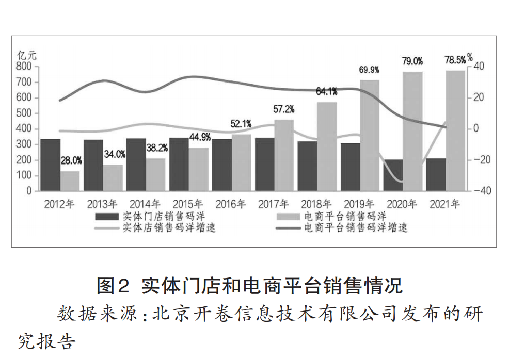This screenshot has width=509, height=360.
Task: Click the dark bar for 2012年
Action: [x=51, y=165]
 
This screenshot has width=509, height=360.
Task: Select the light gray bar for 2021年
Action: [x=456, y=131]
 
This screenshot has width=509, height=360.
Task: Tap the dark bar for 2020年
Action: [x=393, y=175]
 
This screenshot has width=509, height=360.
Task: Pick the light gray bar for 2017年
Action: [x=284, y=155]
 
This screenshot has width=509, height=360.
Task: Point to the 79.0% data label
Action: [x=412, y=61]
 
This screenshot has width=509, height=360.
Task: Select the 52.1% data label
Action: [x=241, y=124]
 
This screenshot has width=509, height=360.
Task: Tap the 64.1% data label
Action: [x=327, y=92]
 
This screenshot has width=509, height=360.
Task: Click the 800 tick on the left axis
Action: [x=24, y=67]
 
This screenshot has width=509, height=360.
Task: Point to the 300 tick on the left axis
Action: [x=24, y=144]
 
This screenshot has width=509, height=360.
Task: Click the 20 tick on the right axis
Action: [x=478, y=97]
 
